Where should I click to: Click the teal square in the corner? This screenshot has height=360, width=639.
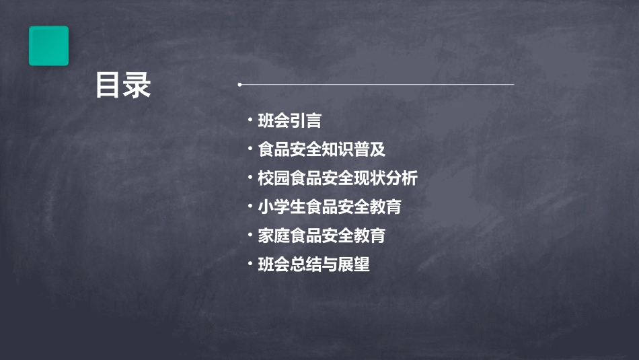[48, 46]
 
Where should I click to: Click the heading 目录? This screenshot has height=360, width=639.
[123, 86]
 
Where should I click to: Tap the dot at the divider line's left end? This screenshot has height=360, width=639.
[239, 85]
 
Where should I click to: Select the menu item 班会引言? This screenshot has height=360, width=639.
[289, 121]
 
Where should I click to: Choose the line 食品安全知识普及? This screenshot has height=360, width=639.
[322, 149]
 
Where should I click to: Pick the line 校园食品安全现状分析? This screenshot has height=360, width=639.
[338, 178]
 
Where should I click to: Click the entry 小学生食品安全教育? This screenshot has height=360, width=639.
[330, 207]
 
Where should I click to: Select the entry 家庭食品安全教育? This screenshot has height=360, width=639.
[322, 236]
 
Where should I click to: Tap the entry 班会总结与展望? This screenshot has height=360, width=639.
[313, 265]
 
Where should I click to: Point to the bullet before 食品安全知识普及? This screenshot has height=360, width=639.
[250, 149]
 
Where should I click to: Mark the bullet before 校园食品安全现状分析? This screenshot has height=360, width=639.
[250, 178]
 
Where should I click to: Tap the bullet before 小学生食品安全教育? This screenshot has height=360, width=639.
[250, 207]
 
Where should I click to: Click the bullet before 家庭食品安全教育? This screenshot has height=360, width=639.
[250, 236]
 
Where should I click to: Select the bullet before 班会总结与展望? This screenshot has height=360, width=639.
[250, 264]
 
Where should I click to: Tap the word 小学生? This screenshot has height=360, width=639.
[281, 207]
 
